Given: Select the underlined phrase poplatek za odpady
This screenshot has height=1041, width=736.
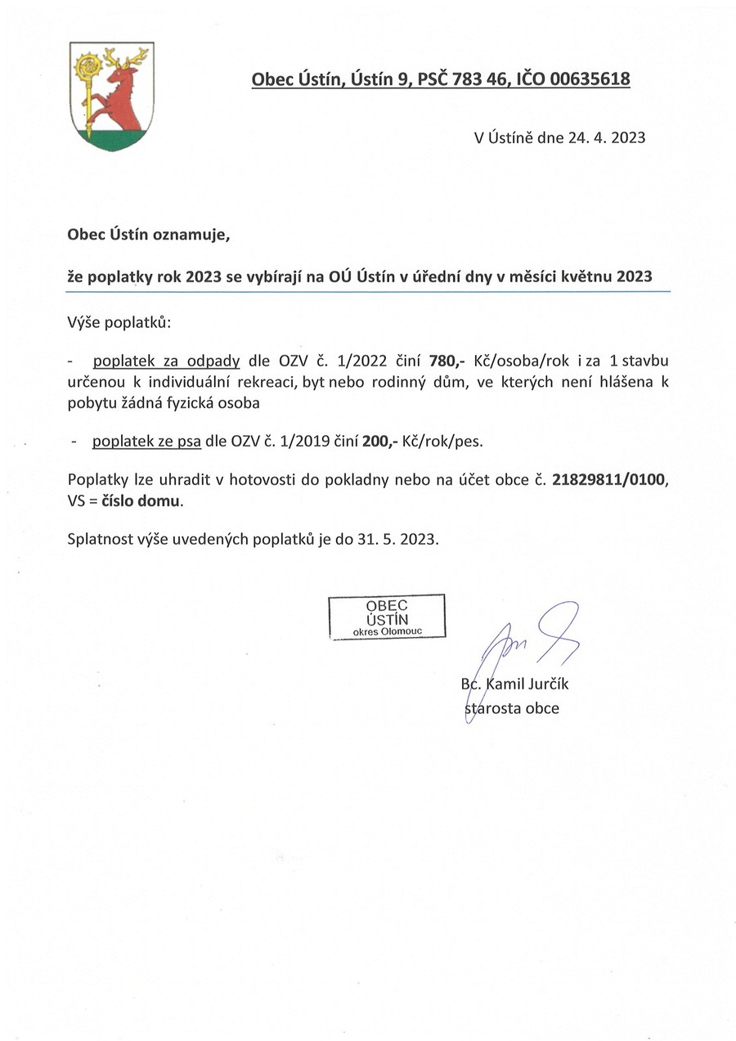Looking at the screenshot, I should click(x=166, y=361).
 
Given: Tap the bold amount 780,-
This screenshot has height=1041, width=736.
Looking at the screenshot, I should click(x=447, y=361).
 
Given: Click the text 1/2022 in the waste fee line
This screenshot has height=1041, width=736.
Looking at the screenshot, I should click(x=361, y=361).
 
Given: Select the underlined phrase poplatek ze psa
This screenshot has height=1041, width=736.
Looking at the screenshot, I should click(x=147, y=442).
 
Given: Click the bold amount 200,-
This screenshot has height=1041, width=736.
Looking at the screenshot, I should click(x=380, y=442).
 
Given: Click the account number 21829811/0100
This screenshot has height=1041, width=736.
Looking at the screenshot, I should click(x=610, y=480).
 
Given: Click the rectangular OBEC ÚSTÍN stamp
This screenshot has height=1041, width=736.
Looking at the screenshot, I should click(x=387, y=617).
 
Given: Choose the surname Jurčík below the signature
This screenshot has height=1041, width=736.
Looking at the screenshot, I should click(x=544, y=684).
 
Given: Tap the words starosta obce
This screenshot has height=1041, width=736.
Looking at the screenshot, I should click(x=513, y=708).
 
